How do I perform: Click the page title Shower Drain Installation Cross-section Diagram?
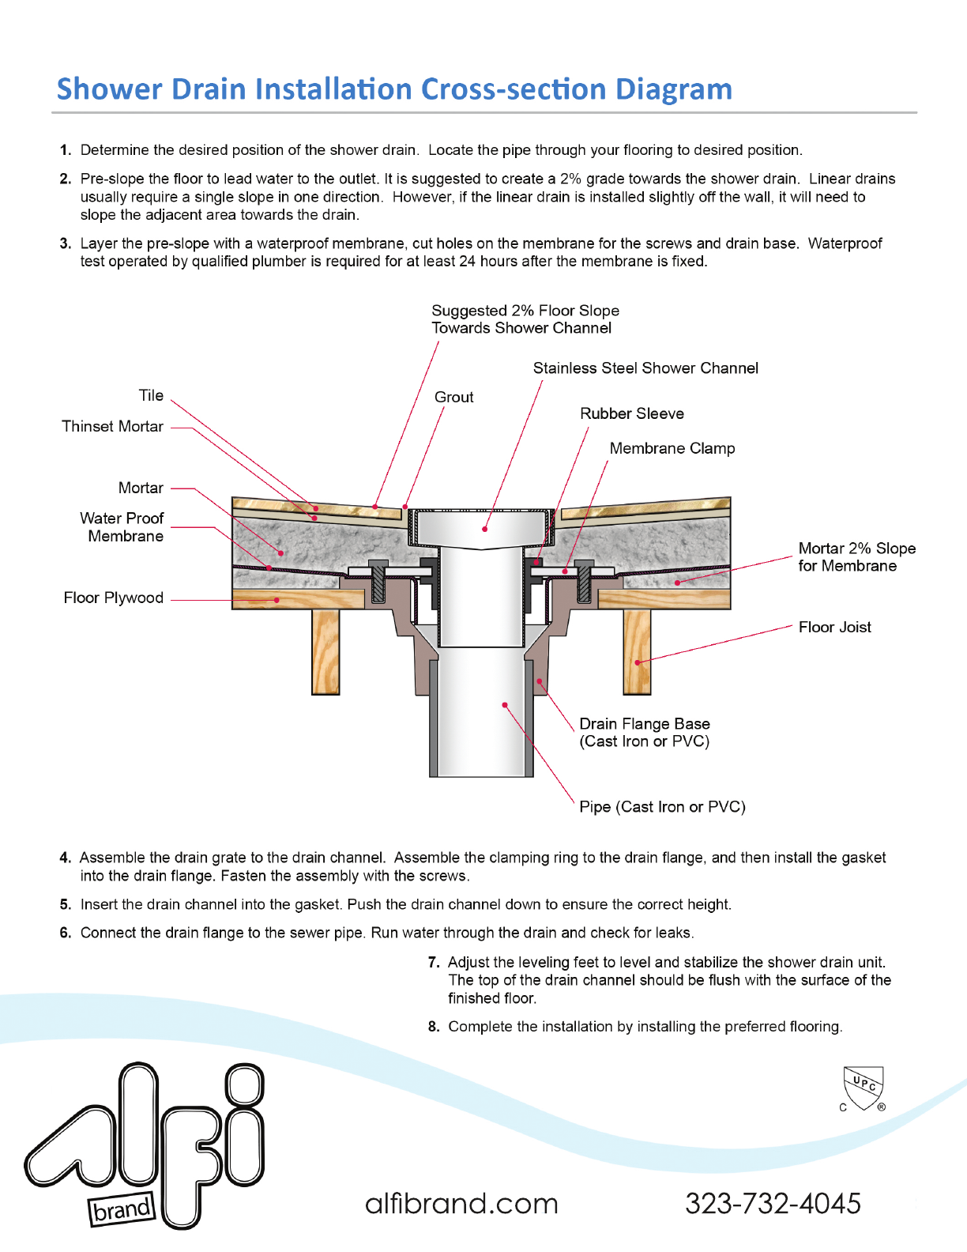(x=394, y=89)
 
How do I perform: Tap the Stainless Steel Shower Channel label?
(x=645, y=368)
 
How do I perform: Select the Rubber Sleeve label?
(x=632, y=413)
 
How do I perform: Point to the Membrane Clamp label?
(x=672, y=449)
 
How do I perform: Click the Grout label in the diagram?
(x=454, y=398)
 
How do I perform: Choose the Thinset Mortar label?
(x=112, y=427)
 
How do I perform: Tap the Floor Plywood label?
(x=114, y=598)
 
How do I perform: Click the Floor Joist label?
(x=834, y=628)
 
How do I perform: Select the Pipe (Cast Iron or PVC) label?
(x=662, y=807)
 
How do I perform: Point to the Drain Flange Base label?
(x=645, y=724)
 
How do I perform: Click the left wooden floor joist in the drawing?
(x=325, y=651)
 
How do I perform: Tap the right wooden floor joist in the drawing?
(x=637, y=651)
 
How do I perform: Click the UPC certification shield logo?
(x=863, y=1088)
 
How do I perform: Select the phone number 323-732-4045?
(x=773, y=1204)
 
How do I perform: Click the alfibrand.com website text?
(x=461, y=1204)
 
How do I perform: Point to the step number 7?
(x=434, y=963)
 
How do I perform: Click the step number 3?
(x=66, y=243)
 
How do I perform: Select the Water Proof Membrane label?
(x=122, y=527)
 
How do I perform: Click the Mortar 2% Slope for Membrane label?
(x=856, y=557)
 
